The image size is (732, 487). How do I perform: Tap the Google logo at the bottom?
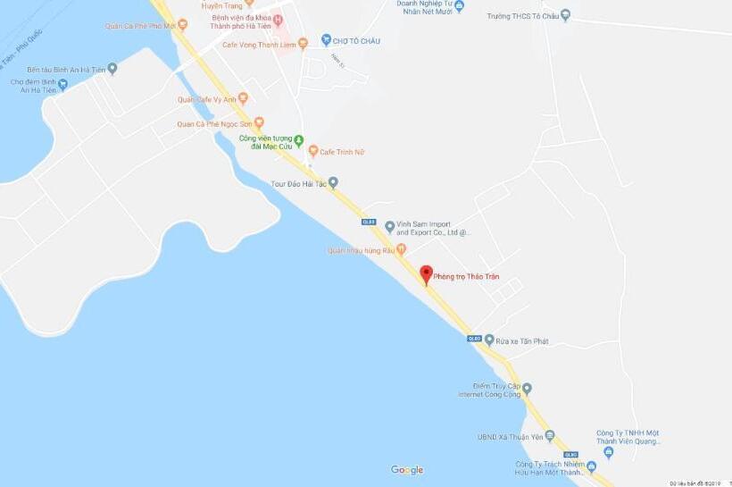tap(407, 470)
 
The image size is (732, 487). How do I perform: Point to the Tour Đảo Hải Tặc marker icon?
tap(333, 183)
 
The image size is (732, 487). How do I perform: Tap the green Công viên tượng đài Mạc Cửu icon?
tap(300, 140)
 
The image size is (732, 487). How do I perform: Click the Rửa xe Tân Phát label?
tap(522, 340)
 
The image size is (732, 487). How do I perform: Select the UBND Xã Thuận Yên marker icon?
tap(550, 436)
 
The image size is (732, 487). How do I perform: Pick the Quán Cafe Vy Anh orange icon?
tap(242, 98)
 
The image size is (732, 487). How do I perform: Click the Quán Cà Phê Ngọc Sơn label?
tap(214, 124)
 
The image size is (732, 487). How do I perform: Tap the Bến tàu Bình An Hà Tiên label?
tap(65, 69)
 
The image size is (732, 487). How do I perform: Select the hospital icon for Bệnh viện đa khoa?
tap(278, 21)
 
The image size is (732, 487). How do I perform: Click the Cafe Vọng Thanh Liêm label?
tap(258, 44)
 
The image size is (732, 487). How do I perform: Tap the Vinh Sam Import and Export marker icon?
tap(390, 227)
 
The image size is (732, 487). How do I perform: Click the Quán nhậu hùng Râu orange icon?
tap(401, 249)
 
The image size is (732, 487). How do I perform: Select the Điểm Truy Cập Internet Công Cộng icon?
tap(527, 388)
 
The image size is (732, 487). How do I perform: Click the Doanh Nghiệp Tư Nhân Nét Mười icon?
tap(459, 7)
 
